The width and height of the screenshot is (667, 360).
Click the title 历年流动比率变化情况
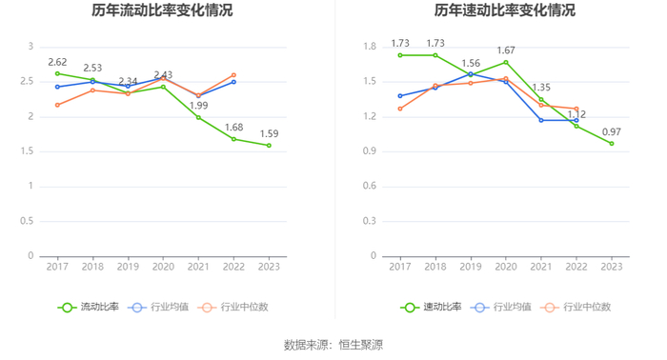(x=162, y=10)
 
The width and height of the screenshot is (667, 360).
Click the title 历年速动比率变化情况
(x=504, y=10)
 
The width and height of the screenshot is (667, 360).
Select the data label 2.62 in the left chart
(x=57, y=63)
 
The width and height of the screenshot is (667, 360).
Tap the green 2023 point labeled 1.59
(x=269, y=146)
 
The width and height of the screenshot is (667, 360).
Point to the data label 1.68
(x=234, y=128)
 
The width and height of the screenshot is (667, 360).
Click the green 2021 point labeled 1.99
(x=198, y=117)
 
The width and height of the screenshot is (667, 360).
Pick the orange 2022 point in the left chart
(x=233, y=75)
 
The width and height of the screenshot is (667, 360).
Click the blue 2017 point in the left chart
(x=57, y=87)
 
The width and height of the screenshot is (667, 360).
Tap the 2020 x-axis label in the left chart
(x=163, y=267)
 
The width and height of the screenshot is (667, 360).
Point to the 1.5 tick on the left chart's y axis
(x=27, y=151)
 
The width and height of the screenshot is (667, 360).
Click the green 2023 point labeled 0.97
(x=612, y=144)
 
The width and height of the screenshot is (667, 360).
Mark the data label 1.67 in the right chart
(x=506, y=50)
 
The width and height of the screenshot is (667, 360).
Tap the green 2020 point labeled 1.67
(x=506, y=62)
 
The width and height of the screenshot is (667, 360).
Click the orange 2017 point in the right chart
(x=400, y=109)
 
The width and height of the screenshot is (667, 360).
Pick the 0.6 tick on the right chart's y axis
(x=370, y=186)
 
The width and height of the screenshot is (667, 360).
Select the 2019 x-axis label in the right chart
(x=471, y=267)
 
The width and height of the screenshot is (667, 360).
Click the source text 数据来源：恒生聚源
(x=333, y=345)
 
